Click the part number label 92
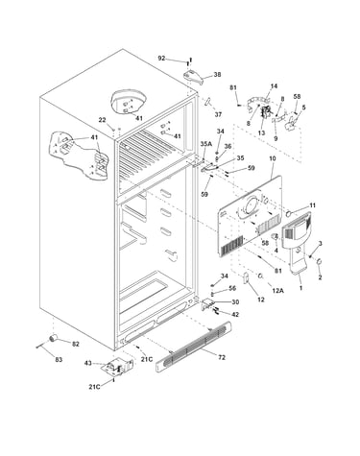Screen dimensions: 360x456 coord(161,59)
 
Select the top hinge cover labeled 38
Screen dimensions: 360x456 coord(193,77)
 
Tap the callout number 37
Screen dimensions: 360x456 coord(218,114)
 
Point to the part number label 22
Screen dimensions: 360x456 coord(102,120)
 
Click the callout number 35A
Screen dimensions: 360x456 coord(206,144)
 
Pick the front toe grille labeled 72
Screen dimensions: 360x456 coord(193,347)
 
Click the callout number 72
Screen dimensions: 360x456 coord(222,357)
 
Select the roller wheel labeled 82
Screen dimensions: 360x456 coord(53,338)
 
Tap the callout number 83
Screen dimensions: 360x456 coord(59,360)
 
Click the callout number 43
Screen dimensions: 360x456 coord(88,363)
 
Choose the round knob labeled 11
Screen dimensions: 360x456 coord(288,213)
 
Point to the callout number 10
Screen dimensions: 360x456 coord(273,158)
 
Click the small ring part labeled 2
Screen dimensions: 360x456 coord(319,262)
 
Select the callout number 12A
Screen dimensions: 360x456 coord(277,290)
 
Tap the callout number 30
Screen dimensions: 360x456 coord(235,301)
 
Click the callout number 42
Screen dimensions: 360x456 coord(235,315)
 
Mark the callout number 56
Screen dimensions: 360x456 coord(232,288)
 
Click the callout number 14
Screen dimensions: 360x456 coord(274,85)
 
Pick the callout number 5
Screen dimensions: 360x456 coord(303,108)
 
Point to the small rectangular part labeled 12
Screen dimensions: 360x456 coord(246,277)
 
